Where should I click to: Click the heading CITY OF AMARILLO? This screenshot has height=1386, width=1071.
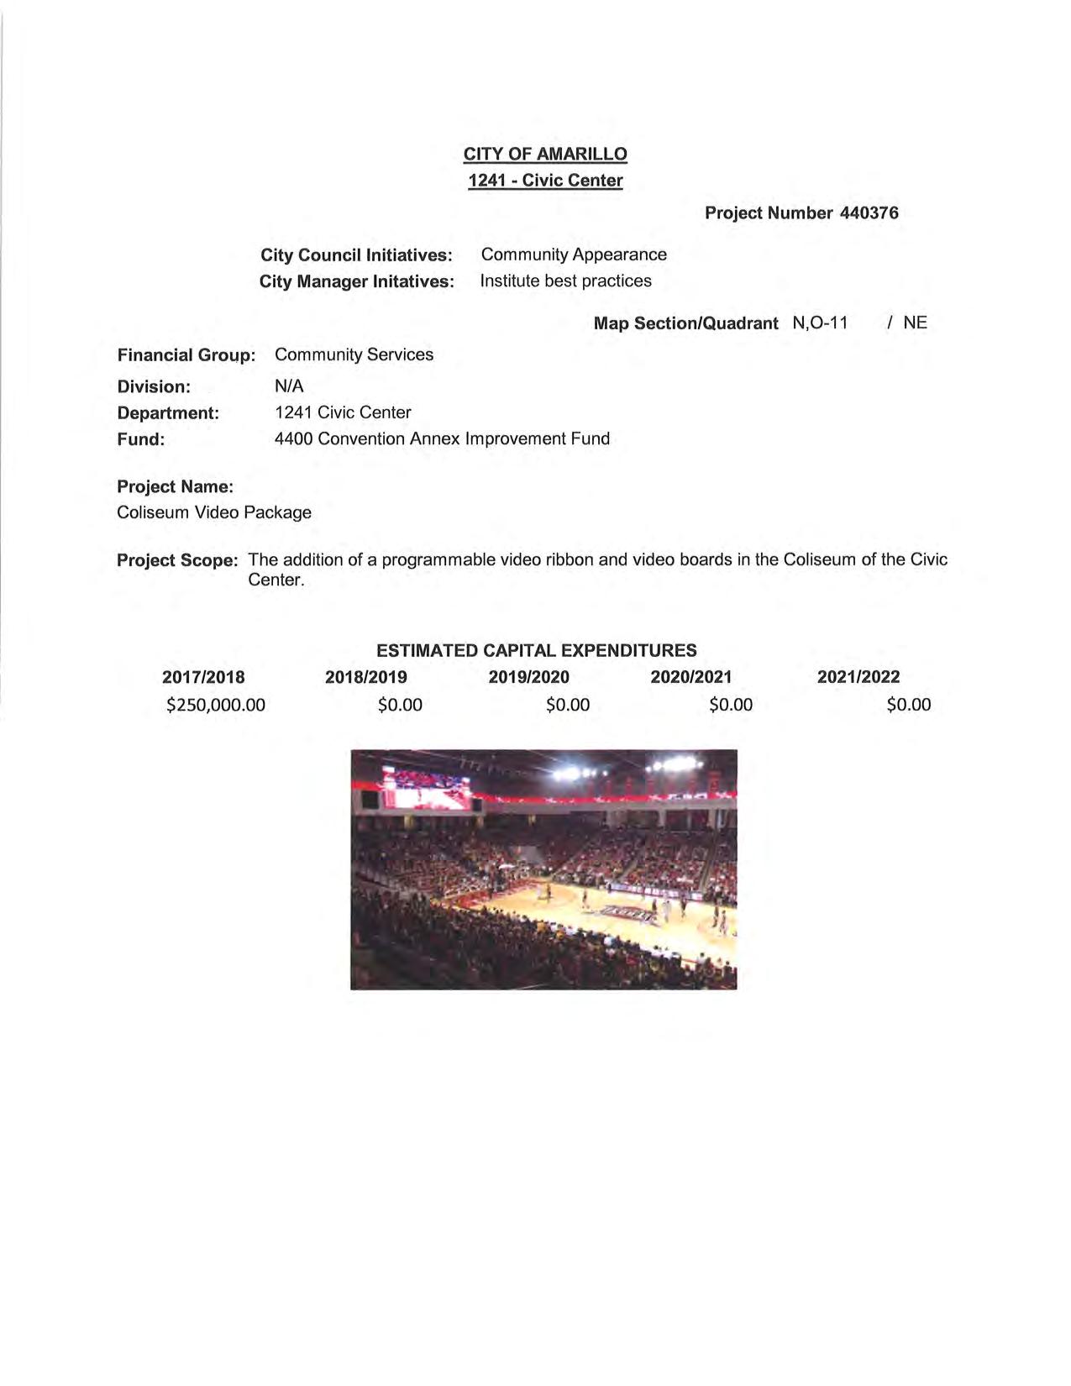point(545,154)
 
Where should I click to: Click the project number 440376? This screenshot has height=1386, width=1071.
point(869,213)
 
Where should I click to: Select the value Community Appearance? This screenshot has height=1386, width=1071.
point(574,255)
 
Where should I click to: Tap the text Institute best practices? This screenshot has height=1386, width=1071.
point(565,281)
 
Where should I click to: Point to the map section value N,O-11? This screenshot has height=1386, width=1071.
point(820,323)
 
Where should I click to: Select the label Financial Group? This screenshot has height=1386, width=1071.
point(186,355)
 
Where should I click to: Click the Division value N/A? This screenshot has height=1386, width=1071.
point(289,386)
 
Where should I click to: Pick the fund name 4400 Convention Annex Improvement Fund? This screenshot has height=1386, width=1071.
point(442,438)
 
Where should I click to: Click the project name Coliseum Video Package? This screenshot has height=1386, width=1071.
point(214,512)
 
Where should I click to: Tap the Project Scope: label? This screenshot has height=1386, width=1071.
point(177,560)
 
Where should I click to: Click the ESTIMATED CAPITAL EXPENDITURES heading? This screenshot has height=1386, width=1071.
point(536,650)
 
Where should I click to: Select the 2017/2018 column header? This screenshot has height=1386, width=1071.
point(203,677)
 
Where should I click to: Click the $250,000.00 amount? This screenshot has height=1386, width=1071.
point(216,705)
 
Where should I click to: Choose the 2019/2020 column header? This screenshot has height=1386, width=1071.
point(528,677)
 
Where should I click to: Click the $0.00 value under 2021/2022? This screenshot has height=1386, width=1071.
point(908,705)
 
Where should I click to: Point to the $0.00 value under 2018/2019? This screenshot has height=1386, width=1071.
point(400,705)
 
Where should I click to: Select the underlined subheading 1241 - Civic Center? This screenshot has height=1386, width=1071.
point(545,181)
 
